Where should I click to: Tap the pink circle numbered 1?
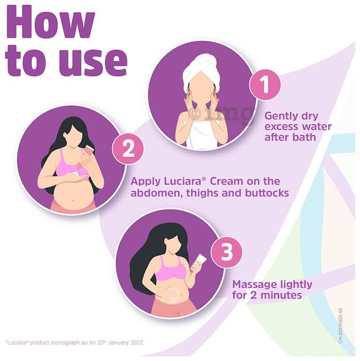point(265,86)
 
